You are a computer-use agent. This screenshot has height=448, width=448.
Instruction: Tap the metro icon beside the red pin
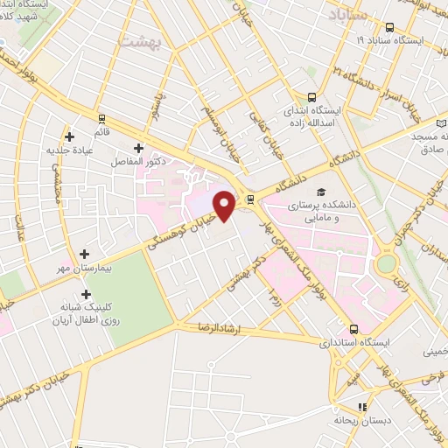(251, 199)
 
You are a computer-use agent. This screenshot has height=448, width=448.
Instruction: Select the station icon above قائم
(102, 119)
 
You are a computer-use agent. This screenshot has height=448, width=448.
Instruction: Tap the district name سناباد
(349, 14)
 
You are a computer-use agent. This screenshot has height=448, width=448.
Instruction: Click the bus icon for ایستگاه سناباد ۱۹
(388, 27)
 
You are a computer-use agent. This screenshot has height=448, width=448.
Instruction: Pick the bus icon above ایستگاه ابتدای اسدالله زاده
(311, 98)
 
